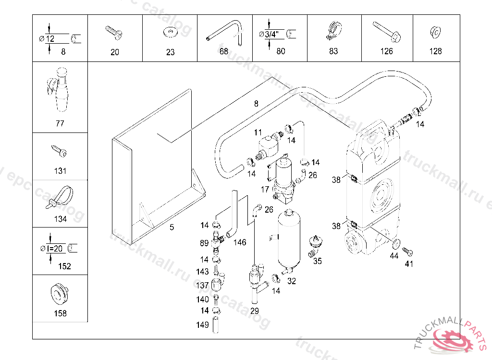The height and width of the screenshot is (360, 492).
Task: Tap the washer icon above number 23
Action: (x=170, y=33)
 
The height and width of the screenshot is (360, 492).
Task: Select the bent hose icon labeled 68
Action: (x=224, y=33)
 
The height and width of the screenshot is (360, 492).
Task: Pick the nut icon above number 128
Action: (x=435, y=32)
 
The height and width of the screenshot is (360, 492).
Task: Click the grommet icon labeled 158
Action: (x=59, y=294)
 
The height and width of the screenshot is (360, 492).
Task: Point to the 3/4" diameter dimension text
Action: (x=274, y=34)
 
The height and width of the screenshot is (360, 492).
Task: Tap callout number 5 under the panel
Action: (x=172, y=228)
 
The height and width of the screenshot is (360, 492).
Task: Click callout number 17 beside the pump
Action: (x=265, y=189)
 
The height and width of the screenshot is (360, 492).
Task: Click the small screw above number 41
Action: (x=407, y=251)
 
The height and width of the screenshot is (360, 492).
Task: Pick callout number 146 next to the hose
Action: (x=239, y=242)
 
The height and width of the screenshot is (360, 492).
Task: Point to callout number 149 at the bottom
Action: (x=203, y=325)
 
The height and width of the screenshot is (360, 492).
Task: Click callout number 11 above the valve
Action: (x=258, y=132)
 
